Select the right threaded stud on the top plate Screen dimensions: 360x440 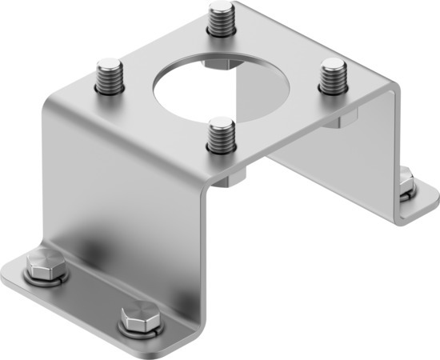(x=330, y=78)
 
